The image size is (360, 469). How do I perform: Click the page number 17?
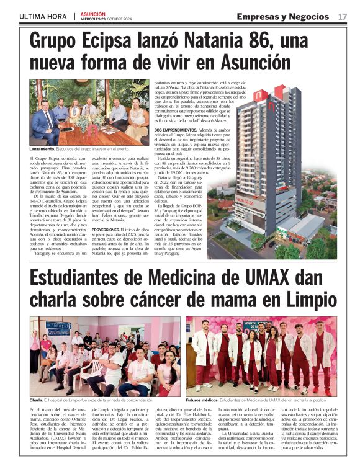[x=343, y=16]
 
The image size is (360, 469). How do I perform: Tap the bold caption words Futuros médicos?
[x=202, y=400]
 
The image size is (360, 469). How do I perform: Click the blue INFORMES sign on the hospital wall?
[x=58, y=326]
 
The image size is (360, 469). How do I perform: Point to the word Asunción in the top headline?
[x=246, y=64]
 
